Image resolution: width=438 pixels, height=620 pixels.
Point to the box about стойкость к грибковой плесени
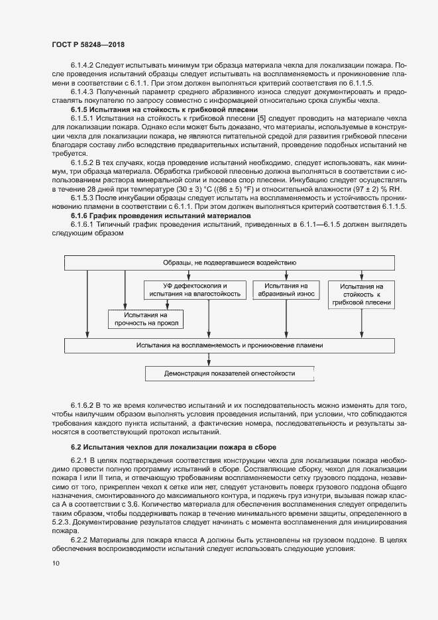coord(362,294)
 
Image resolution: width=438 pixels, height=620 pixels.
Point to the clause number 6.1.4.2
coord(84,66)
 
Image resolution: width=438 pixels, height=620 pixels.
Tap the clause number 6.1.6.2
coord(84,404)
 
